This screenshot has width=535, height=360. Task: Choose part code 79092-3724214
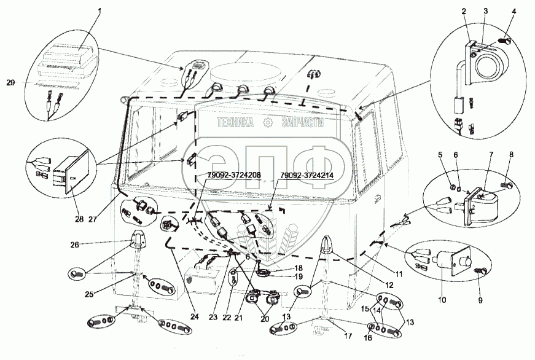pyautogui.click(x=308, y=176)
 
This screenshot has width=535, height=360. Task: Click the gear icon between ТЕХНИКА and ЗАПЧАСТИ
pyautogui.click(x=267, y=123)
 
